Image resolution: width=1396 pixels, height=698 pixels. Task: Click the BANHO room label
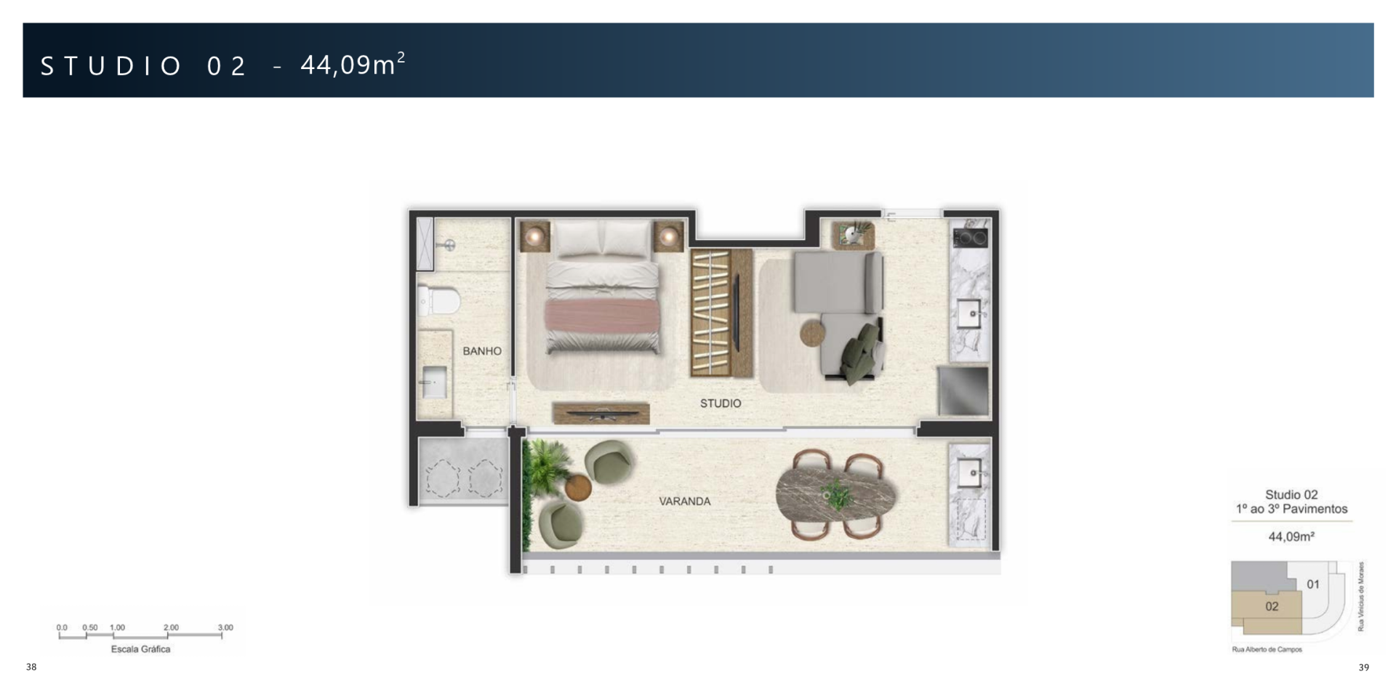click(x=482, y=351)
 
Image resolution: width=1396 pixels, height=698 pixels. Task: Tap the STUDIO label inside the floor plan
click(x=721, y=404)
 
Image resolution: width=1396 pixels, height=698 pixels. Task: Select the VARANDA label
click(x=684, y=501)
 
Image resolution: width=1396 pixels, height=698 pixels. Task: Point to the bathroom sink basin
click(x=434, y=382)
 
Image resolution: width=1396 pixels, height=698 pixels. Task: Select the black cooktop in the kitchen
click(x=970, y=237)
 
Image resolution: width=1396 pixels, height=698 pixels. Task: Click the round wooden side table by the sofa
click(x=814, y=334)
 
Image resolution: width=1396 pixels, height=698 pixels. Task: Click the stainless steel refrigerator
click(x=963, y=390)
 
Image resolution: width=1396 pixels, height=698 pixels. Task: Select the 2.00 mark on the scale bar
click(x=170, y=627)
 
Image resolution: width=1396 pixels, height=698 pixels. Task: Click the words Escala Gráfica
click(x=140, y=649)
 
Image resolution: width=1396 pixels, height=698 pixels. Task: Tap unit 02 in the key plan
click(x=1272, y=606)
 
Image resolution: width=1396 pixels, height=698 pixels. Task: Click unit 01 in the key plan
click(x=1312, y=584)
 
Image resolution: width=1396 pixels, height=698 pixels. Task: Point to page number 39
click(x=1363, y=667)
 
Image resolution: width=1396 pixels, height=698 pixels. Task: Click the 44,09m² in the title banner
click(x=353, y=65)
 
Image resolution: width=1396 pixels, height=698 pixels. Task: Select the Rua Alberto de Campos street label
click(x=1267, y=649)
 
